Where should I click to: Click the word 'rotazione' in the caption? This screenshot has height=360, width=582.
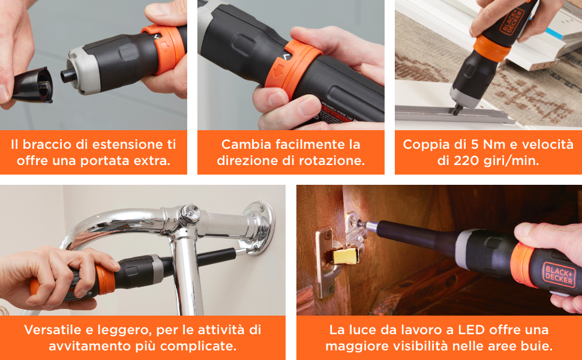click(334, 161)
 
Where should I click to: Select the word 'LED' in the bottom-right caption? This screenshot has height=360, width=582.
click(461, 330)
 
